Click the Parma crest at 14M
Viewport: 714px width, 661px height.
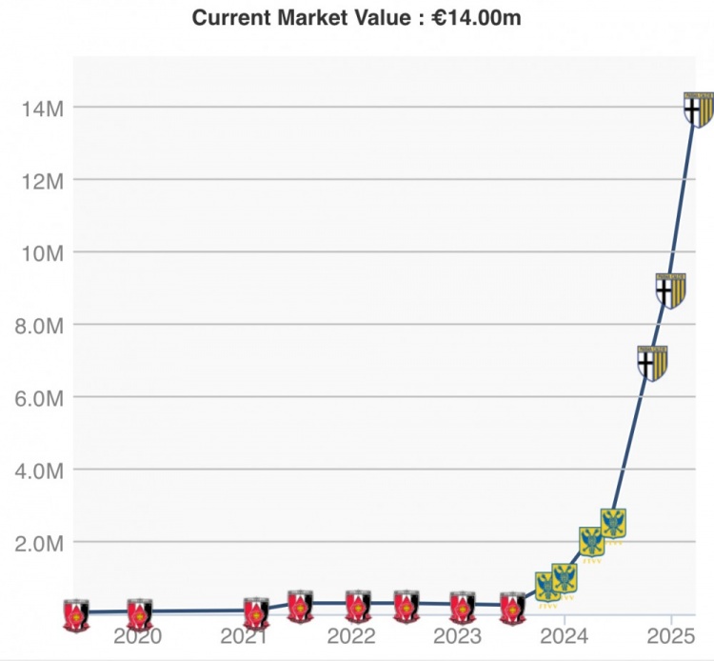pos(699,110)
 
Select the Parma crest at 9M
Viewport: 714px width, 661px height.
pos(671,290)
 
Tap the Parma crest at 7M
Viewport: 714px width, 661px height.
pos(652,363)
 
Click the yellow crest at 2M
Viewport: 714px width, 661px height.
pos(592,543)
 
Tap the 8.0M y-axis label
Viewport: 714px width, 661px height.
pos(37,325)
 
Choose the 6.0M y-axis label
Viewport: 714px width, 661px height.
pos(37,397)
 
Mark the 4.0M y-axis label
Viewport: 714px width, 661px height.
pos(37,470)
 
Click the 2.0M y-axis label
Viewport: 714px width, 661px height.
pos(37,543)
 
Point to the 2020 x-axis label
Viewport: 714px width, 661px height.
pos(138,636)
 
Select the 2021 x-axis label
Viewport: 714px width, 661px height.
pos(245,636)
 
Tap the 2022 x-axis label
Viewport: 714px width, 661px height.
pos(351,636)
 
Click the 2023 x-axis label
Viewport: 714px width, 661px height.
pos(458,636)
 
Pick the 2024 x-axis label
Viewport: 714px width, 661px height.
pos(565,636)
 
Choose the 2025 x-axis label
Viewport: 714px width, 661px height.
pos(671,636)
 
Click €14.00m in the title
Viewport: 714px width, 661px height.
pos(477,17)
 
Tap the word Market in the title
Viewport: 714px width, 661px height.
pos(303,17)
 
